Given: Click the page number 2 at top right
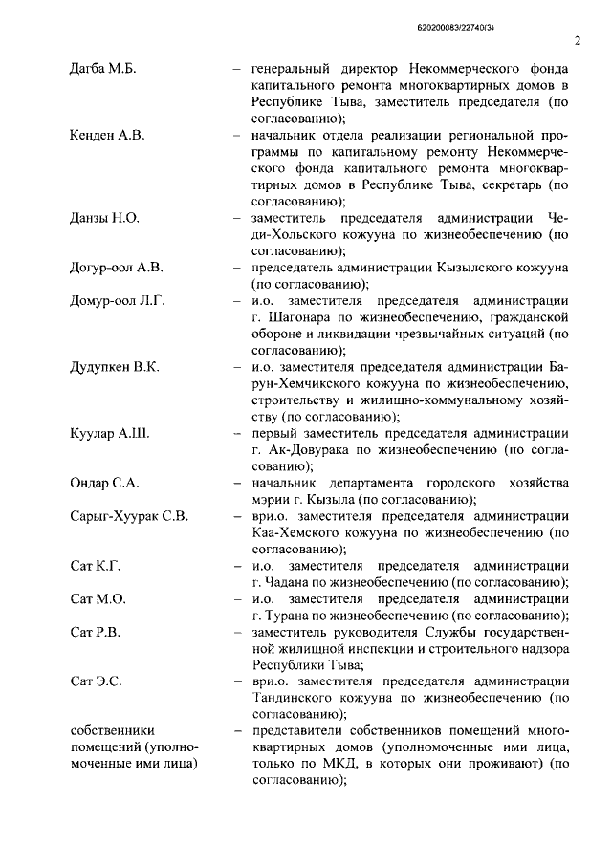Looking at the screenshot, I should click(579, 40).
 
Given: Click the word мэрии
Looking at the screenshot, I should click(273, 499).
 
